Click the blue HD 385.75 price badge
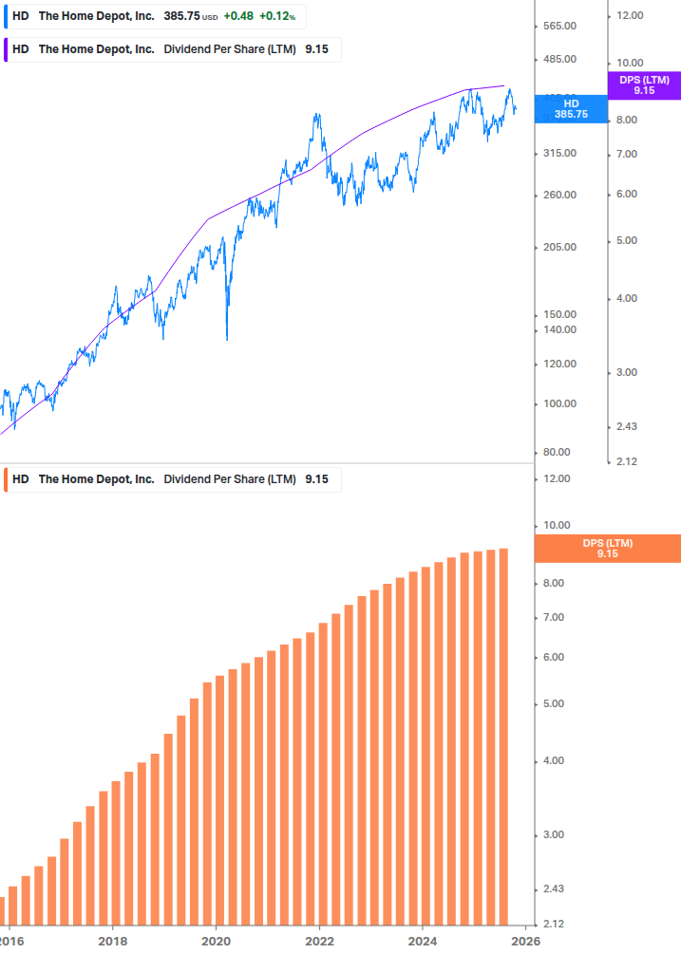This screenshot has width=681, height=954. click(x=570, y=108)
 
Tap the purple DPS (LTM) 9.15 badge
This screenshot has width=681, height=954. click(x=644, y=85)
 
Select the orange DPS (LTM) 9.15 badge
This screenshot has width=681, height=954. click(x=608, y=548)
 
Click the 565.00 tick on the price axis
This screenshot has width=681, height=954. click(x=560, y=26)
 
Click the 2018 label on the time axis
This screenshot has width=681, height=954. click(x=112, y=941)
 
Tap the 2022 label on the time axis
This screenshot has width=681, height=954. click(x=319, y=941)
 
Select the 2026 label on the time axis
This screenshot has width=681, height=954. click(x=525, y=941)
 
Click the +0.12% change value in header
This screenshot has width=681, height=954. click(x=276, y=16)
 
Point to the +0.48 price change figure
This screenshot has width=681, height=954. click(x=238, y=16)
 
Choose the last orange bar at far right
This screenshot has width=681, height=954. click(x=503, y=736)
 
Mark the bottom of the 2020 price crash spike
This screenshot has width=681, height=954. click(x=227, y=339)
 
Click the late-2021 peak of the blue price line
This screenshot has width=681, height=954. click(x=316, y=116)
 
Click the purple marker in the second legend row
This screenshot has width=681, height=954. click(x=6, y=49)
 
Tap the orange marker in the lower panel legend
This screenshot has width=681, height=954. click(x=6, y=479)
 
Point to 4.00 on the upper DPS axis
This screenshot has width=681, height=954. click(x=628, y=298)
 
